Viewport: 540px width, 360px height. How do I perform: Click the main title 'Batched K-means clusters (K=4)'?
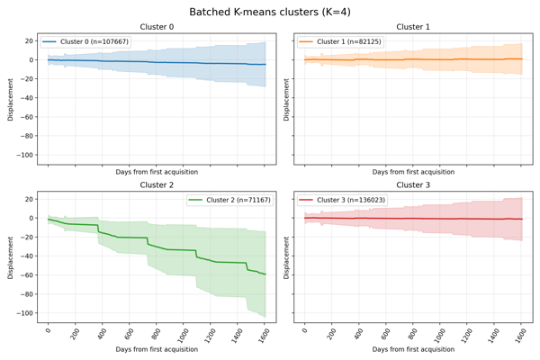tap(270, 12)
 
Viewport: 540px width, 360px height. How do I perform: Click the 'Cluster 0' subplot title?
tap(157, 27)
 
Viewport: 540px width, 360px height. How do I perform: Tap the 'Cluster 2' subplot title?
tap(157, 184)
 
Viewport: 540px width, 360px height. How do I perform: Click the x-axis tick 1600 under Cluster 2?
tap(263, 335)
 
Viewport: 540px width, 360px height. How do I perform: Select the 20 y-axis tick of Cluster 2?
tap(29, 199)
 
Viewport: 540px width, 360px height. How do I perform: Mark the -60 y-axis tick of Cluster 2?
tap(27, 274)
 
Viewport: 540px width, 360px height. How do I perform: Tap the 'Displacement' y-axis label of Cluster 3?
tap(267, 256)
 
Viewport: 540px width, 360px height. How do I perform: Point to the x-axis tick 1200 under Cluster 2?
tap(209, 335)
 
